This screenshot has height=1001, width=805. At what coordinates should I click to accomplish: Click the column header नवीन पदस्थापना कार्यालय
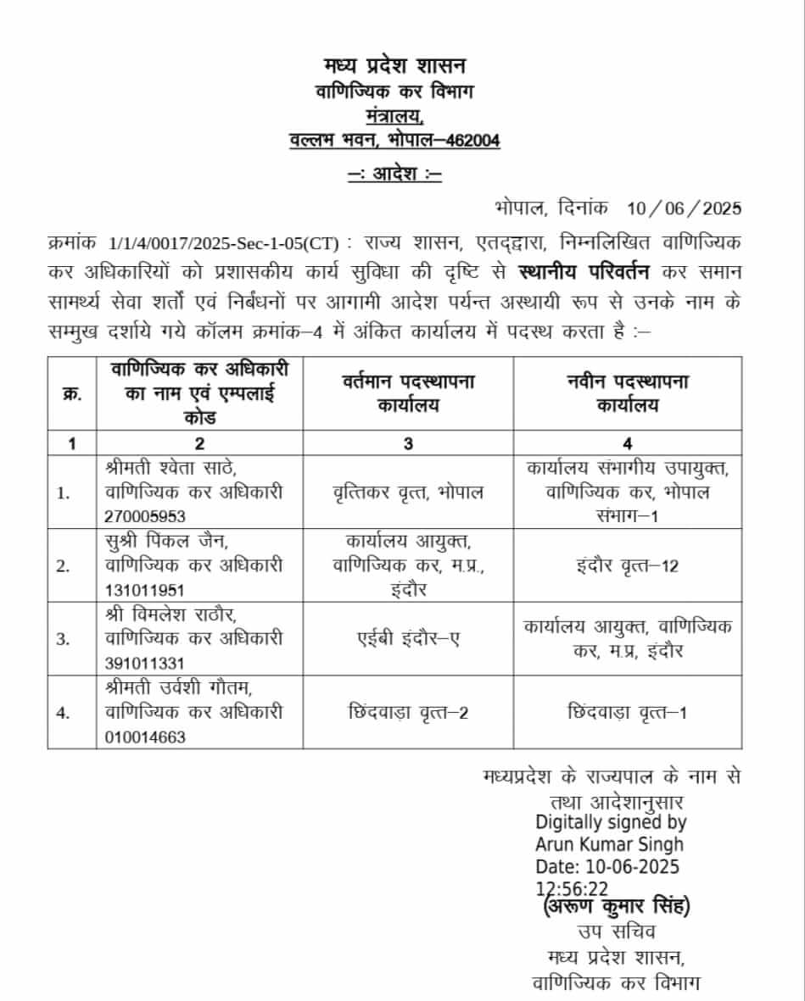(x=627, y=393)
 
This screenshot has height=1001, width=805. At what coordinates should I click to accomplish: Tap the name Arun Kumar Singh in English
(x=609, y=844)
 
